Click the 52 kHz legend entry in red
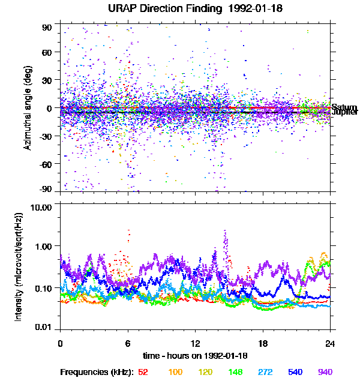pyautogui.click(x=143, y=372)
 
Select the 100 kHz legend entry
pyautogui.click(x=175, y=372)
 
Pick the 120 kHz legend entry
pyautogui.click(x=206, y=372)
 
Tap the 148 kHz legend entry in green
pyautogui.click(x=236, y=372)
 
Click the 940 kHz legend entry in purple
pyautogui.click(x=325, y=372)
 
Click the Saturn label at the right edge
pyautogui.click(x=344, y=107)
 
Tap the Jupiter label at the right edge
pyautogui.click(x=345, y=112)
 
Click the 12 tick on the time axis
pyautogui.click(x=195, y=343)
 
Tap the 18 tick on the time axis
pyautogui.click(x=262, y=343)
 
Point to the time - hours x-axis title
pyautogui.click(x=195, y=355)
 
